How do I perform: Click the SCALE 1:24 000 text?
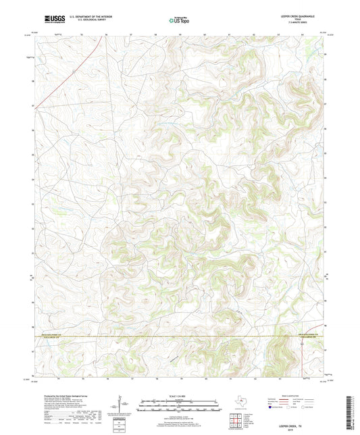pos(179,395)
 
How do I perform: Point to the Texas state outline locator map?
pos(238,403)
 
